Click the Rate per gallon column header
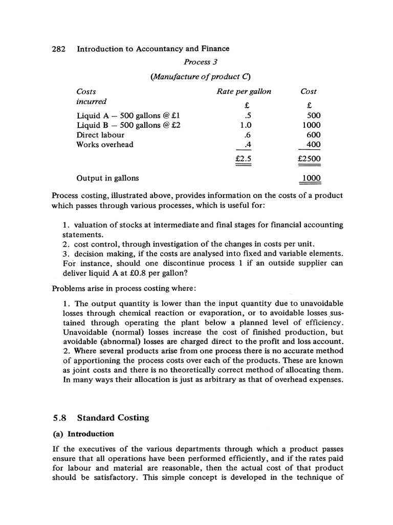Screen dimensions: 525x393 tap(244, 91)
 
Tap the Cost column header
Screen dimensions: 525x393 tap(309, 91)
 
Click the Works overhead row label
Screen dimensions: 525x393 tap(105, 145)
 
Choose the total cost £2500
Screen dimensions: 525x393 tap(309, 159)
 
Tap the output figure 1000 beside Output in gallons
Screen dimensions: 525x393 tap(311, 178)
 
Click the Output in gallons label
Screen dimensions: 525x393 tap(107, 178)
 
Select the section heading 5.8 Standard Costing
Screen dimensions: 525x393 tap(100, 417)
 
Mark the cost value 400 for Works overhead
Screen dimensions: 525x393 tap(313, 145)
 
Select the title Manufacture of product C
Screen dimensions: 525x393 tap(200, 77)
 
